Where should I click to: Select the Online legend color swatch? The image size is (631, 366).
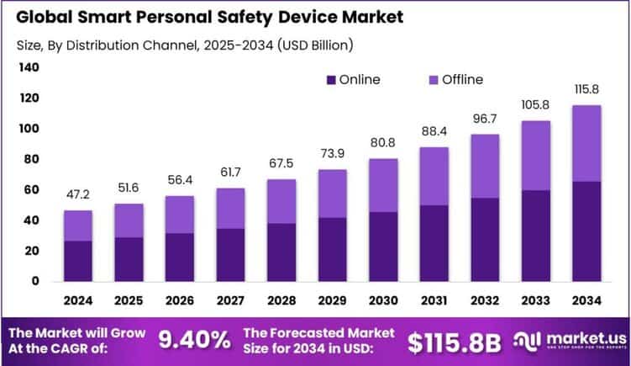[331, 80]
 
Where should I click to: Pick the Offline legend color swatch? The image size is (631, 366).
[433, 80]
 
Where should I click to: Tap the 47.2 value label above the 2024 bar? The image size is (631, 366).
[78, 195]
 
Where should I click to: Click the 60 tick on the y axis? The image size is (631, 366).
[30, 190]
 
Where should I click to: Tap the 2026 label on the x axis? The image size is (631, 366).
[179, 300]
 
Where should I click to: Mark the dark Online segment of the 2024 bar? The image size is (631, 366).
[78, 261]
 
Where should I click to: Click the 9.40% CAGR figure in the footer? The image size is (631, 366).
[194, 340]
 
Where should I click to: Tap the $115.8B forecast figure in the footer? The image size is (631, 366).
[454, 341]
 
